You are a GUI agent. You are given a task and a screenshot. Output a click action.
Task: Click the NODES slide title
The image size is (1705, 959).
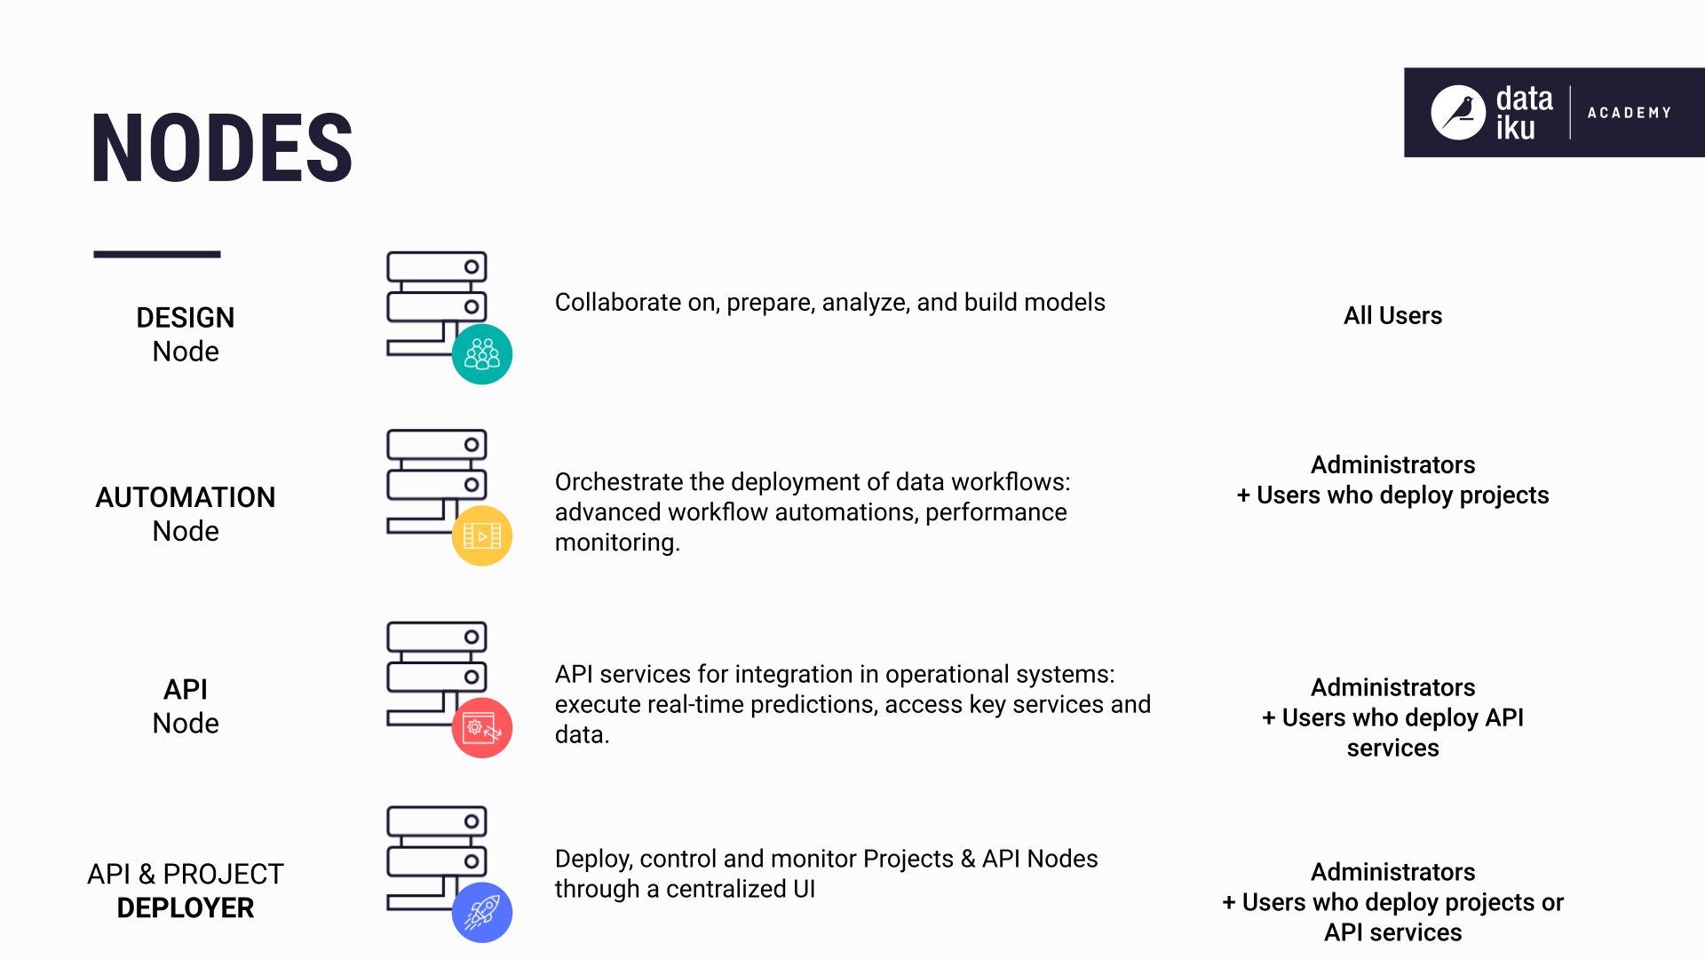(222, 149)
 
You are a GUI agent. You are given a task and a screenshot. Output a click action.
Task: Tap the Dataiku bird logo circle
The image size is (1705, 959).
(1457, 113)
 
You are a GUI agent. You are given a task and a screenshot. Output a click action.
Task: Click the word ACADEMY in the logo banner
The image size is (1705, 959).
(1629, 113)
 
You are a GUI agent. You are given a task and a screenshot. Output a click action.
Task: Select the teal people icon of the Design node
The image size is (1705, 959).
(482, 354)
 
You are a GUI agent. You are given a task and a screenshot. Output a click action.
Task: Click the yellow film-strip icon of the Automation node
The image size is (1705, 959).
(482, 535)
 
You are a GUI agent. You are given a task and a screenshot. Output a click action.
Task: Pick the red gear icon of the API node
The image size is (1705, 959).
(482, 728)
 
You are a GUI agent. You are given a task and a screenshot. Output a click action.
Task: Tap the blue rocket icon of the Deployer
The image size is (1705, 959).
(482, 912)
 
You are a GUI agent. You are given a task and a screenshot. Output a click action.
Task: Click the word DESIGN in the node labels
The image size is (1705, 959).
(185, 318)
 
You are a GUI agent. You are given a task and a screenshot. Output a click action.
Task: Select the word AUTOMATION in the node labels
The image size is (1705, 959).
(185, 497)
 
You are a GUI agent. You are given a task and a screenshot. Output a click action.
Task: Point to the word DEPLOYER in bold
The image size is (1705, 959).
(185, 907)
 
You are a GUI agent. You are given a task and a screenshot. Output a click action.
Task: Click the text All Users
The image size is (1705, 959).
(1392, 315)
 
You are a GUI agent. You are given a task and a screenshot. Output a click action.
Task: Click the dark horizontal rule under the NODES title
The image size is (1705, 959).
(156, 255)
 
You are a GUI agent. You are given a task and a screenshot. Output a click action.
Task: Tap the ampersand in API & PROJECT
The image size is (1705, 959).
(147, 875)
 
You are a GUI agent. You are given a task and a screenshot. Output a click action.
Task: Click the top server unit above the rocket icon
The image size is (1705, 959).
(436, 821)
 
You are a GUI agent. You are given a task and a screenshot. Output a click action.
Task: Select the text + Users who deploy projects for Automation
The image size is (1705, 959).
(1392, 495)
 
